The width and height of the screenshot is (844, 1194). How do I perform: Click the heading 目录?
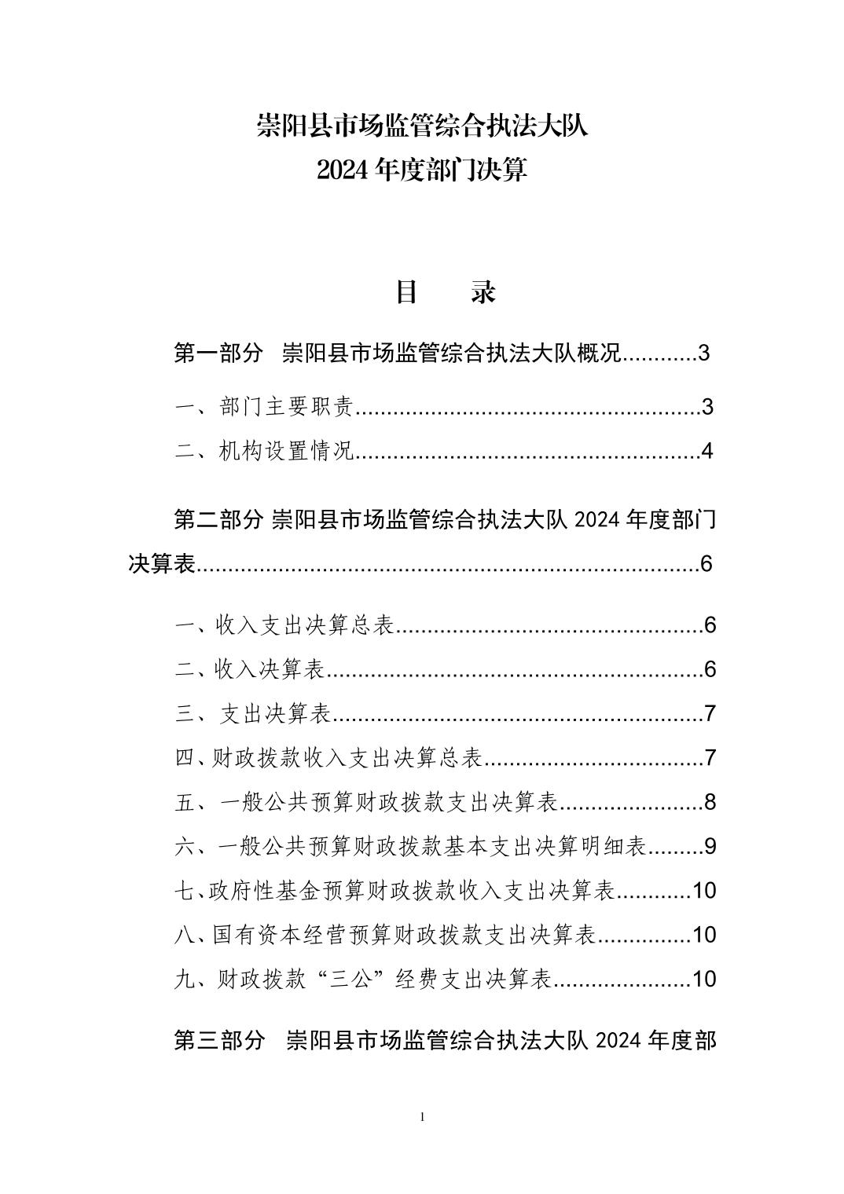[x=445, y=292]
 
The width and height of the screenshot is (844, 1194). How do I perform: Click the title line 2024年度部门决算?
[x=422, y=170]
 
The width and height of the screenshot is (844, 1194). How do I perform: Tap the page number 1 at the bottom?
[x=423, y=1117]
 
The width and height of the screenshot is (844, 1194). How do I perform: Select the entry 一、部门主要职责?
[x=264, y=407]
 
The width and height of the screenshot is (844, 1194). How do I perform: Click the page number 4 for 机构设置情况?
[x=706, y=451]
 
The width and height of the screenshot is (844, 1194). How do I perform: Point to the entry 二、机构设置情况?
[x=264, y=451]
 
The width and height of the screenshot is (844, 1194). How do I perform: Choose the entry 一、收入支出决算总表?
[x=284, y=625]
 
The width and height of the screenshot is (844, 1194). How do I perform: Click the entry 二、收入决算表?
[x=250, y=669]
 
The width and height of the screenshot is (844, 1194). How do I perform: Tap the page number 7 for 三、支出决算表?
[x=710, y=713]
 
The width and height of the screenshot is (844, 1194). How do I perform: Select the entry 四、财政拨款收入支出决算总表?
[x=328, y=757]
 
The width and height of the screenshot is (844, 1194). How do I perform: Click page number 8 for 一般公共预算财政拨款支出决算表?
[x=710, y=802]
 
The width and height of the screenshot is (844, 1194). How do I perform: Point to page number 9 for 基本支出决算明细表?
[x=710, y=846]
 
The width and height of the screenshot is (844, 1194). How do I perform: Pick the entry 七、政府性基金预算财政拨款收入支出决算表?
[x=394, y=890]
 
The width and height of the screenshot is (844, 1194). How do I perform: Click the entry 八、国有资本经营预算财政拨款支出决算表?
[x=384, y=934]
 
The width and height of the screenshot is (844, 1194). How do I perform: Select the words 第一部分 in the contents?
[x=218, y=353]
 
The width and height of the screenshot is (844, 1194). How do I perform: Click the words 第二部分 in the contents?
[x=218, y=519]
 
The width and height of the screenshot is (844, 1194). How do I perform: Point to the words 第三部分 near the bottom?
[x=218, y=1041]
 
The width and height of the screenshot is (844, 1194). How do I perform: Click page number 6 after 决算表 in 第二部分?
[x=706, y=563]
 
